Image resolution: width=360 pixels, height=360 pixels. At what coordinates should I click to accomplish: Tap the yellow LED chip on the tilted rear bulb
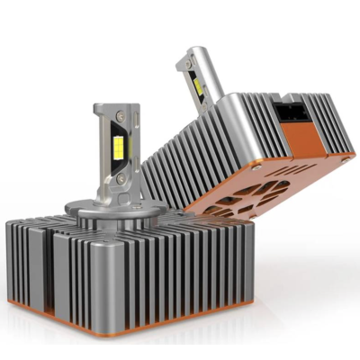[196, 86]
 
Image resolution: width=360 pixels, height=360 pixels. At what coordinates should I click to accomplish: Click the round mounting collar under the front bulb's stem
[113, 216]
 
